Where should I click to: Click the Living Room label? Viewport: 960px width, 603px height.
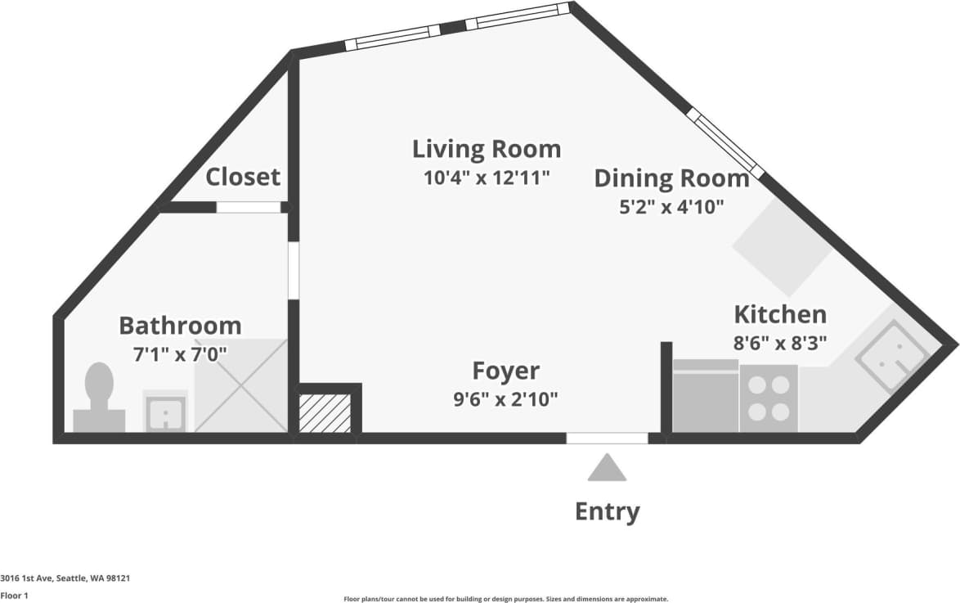pos(487,149)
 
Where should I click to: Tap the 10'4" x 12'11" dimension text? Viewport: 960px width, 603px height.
pos(487,178)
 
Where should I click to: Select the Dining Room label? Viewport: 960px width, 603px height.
pos(671,178)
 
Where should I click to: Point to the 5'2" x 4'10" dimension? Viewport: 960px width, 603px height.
pos(671,206)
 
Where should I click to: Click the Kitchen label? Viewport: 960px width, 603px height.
pos(780,314)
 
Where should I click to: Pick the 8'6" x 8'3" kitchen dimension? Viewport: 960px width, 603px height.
pos(780,344)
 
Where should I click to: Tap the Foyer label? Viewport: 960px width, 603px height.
pos(507,371)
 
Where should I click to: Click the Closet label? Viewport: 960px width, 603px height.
pos(243,177)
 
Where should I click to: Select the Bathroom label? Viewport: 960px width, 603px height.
pos(180,326)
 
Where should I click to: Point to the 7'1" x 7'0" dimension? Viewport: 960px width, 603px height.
pos(180,354)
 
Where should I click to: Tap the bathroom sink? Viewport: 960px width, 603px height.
pos(166,411)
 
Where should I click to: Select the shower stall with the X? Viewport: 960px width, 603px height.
pos(241,387)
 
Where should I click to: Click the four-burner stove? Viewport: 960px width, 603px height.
pos(769,398)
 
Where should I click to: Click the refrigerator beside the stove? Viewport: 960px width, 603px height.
pos(705,397)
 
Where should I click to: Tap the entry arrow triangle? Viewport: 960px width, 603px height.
pos(607,469)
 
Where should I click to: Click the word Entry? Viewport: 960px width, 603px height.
pos(607,512)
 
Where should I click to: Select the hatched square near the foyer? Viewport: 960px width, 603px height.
pos(325,412)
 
